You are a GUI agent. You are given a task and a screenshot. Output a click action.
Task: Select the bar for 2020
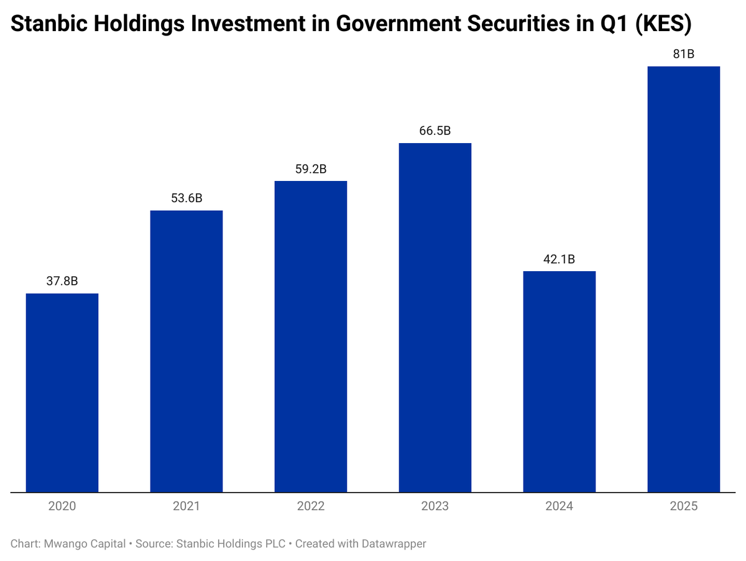click(x=62, y=392)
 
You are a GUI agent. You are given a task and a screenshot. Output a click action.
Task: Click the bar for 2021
click(x=186, y=351)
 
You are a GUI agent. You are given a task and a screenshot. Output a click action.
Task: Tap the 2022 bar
click(x=311, y=336)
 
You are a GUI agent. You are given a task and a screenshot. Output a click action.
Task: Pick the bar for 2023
click(x=435, y=318)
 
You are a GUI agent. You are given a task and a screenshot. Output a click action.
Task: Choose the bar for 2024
click(x=559, y=381)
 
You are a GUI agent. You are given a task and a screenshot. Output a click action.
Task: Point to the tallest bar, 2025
click(x=684, y=279)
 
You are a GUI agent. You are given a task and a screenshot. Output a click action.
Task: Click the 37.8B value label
click(x=62, y=281)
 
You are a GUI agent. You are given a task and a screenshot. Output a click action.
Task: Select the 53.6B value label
click(x=186, y=198)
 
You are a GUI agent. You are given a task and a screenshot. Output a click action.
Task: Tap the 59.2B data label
click(x=311, y=169)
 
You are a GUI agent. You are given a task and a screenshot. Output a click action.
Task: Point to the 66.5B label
click(x=435, y=131)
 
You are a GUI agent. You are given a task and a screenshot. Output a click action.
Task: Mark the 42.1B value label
click(x=559, y=259)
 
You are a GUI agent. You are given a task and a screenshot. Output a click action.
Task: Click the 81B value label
click(x=684, y=54)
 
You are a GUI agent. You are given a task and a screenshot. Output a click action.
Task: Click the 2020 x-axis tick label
click(x=62, y=506)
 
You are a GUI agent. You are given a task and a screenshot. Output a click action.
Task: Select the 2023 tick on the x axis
click(x=435, y=506)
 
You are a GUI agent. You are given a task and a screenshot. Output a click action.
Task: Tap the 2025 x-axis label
click(x=684, y=506)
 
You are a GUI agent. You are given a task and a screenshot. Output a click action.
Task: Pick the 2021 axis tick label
click(x=186, y=506)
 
